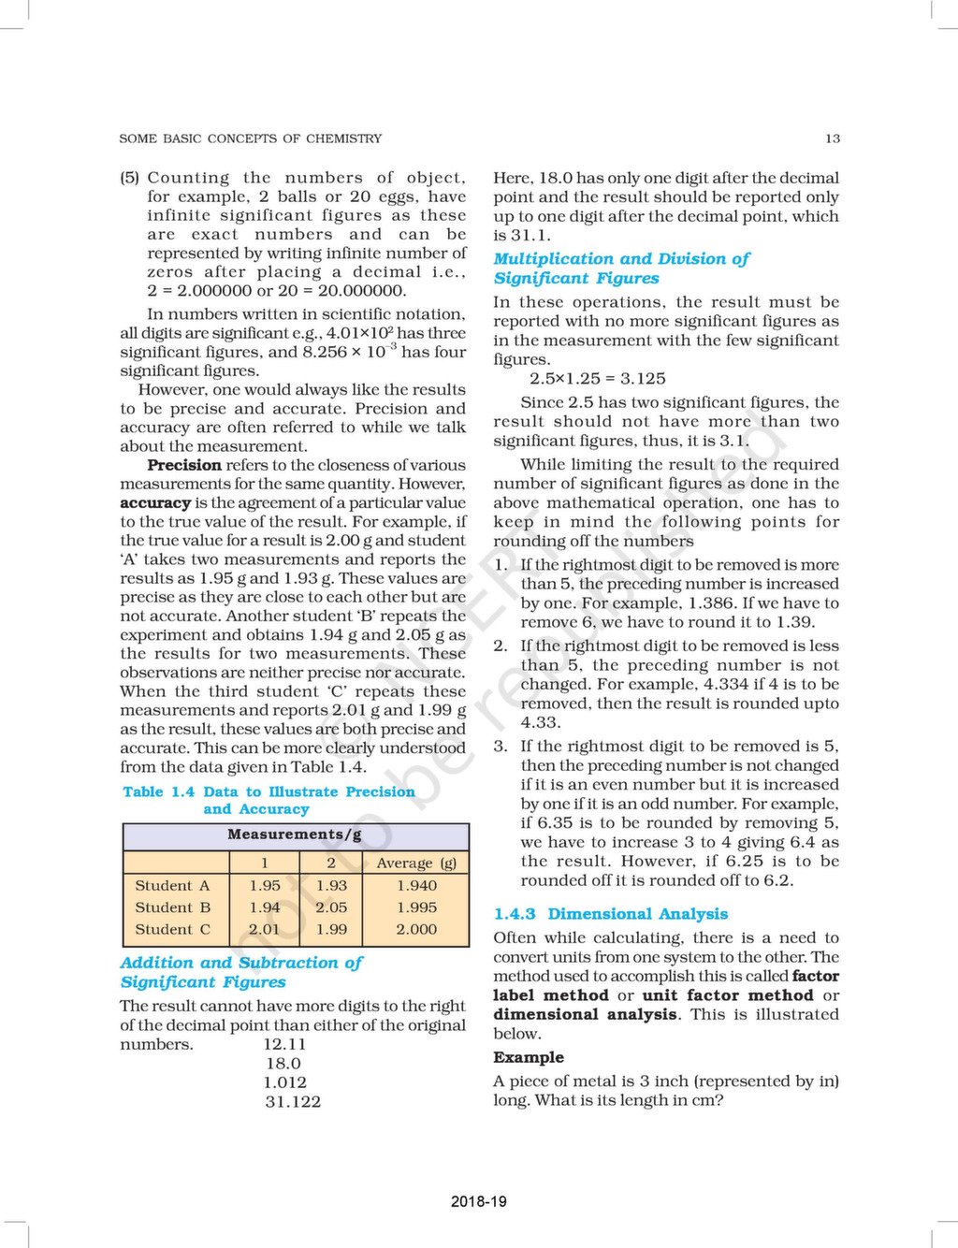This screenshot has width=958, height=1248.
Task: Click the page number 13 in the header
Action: click(832, 138)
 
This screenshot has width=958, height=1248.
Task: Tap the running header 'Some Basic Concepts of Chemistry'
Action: click(250, 138)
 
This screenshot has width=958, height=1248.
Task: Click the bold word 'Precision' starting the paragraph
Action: click(183, 465)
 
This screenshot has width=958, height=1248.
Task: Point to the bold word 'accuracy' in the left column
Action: click(154, 502)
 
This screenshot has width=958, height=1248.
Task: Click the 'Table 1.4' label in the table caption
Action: click(158, 791)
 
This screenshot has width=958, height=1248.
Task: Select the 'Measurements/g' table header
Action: click(295, 834)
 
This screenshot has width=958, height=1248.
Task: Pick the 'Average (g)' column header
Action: click(416, 863)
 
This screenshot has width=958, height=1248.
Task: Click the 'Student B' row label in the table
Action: click(172, 907)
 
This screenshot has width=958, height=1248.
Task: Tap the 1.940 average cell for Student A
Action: click(416, 885)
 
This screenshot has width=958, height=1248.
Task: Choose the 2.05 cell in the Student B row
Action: click(331, 907)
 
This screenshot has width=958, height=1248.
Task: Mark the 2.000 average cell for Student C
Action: click(416, 930)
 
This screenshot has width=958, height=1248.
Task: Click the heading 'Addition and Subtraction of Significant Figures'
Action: click(240, 972)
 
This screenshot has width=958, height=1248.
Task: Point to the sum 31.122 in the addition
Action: click(292, 1102)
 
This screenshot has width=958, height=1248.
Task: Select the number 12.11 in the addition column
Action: click(284, 1044)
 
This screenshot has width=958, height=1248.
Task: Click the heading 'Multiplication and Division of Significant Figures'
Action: click(621, 268)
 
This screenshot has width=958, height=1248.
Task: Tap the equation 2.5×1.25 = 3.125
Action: click(597, 379)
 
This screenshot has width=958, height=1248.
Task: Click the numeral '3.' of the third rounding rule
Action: click(501, 747)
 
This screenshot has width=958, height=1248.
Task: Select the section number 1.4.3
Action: click(515, 914)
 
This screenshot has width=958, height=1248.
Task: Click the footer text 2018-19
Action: click(478, 1201)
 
